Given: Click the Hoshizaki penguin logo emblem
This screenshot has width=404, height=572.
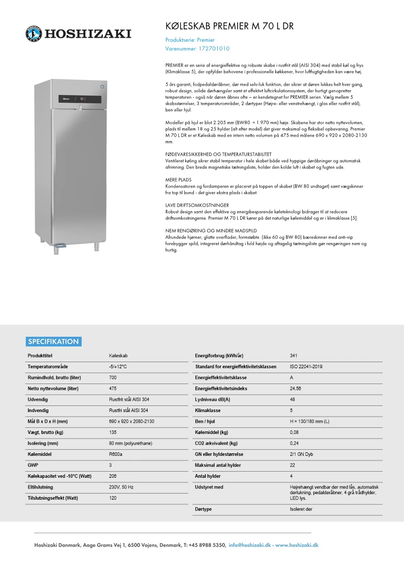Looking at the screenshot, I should tap(34, 34).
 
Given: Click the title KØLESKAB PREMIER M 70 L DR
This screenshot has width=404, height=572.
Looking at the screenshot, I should tap(229, 26).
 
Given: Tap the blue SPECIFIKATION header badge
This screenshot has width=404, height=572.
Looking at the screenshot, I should tap(53, 342).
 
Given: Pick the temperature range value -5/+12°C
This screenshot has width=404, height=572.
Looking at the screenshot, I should tap(118, 367).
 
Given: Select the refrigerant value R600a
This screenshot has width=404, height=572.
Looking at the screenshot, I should tap(116, 454).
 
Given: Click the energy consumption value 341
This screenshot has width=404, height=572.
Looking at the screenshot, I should tap(294, 356).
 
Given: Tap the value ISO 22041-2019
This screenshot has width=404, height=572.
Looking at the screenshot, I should tap(306, 367).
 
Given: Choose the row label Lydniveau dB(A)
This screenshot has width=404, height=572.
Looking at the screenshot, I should tap(213, 399).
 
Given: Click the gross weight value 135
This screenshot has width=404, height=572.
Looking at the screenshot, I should tap(113, 432).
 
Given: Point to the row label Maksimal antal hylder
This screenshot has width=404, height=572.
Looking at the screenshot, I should tap(218, 465).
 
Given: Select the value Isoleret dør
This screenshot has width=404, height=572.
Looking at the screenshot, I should tap(301, 509).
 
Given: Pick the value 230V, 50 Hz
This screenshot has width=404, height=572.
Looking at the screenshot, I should tap(121, 487).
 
